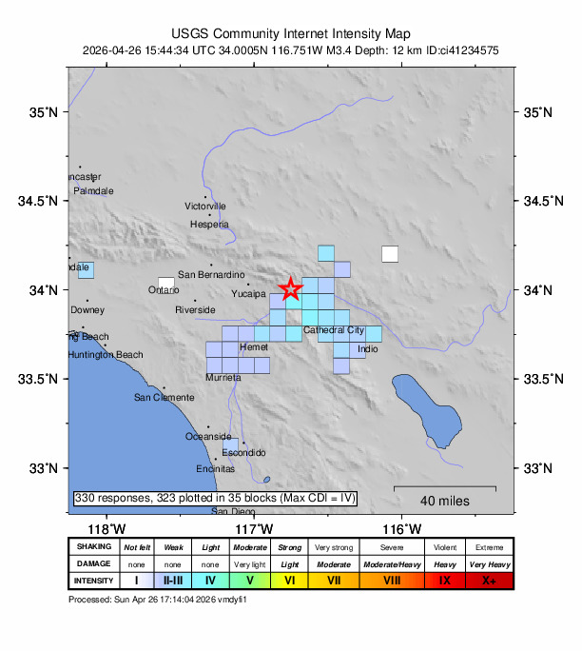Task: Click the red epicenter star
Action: pos(290,288)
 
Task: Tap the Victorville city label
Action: pos(205,206)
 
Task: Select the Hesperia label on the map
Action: pos(210,225)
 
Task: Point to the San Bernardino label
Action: pos(212,275)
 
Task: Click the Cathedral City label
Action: pos(334,330)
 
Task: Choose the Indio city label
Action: pos(368,349)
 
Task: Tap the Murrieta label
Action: pos(223,378)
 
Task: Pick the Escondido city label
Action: pos(243,452)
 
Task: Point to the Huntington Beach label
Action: pos(106,355)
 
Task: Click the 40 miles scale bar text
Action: pos(444,501)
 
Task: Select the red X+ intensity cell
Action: pos(490,580)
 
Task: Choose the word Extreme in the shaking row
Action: pos(490,547)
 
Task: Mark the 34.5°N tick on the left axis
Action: pos(44,201)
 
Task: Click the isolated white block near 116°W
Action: pos(390,253)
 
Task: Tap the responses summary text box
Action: pos(215,498)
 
